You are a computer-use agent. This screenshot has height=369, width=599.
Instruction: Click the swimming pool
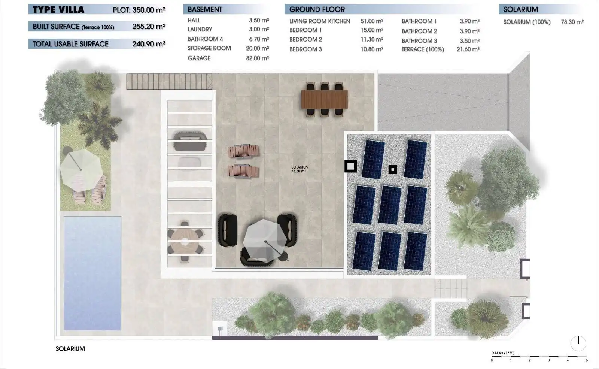92,273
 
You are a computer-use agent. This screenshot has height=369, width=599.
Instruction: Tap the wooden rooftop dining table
324,99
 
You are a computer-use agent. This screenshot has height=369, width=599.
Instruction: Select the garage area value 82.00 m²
258,58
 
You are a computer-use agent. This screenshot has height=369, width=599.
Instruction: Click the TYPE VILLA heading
58,10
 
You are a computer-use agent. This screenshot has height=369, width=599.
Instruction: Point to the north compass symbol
578,343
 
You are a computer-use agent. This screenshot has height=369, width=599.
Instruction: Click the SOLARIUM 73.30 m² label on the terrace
300,169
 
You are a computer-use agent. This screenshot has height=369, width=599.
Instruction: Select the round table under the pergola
185,241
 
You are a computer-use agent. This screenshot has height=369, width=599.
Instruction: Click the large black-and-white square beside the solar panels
350,166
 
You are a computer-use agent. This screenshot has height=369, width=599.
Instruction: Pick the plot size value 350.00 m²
149,10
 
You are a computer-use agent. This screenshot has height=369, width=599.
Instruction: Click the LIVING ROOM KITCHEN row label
320,21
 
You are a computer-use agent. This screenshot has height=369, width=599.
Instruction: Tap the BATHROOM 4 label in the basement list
205,39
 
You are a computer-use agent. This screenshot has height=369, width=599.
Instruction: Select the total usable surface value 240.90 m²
149,44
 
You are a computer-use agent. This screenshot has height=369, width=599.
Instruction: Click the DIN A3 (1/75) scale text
503,353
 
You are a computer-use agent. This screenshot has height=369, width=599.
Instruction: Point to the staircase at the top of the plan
169,81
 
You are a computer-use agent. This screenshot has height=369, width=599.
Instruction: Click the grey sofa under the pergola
190,141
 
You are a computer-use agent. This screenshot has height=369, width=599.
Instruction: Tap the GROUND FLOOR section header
317,10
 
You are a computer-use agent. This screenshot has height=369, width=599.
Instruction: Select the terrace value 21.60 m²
468,49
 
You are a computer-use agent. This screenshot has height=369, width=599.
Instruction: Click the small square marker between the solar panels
393,169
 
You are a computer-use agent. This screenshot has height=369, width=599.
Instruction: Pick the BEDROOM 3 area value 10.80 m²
372,49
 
